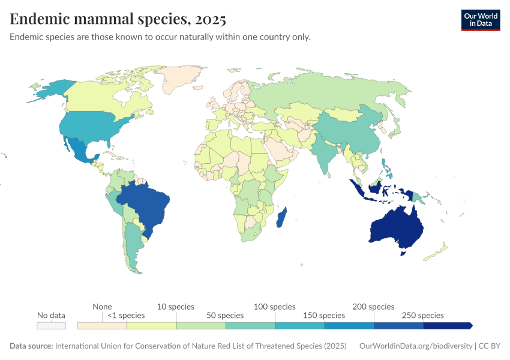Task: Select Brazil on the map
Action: tap(144, 204)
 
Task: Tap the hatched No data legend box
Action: tap(51, 326)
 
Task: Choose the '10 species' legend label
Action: tap(176, 307)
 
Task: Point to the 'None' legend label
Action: tap(102, 307)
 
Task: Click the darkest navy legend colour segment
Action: tap(447, 326)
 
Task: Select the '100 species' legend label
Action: tap(275, 307)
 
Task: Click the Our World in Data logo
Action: tap(480, 20)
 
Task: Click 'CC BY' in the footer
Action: tap(489, 346)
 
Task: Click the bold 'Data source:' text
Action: tap(31, 346)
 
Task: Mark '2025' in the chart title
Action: tap(209, 19)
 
